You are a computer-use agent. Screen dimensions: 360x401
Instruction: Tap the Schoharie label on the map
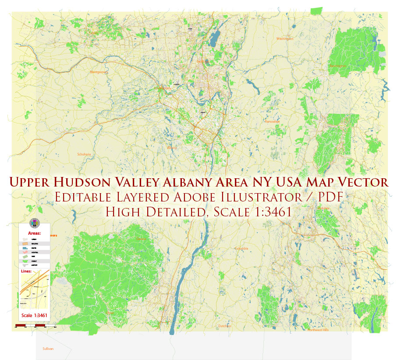[x=83, y=154]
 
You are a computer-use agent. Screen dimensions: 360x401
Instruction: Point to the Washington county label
[x=284, y=39]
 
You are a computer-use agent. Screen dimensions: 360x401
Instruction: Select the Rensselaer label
[x=272, y=122]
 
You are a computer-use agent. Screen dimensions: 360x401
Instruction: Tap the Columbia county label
[x=241, y=248]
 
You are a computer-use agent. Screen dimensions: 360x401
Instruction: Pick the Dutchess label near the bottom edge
[x=225, y=326]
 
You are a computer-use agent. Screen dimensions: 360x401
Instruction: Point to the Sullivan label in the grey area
[x=48, y=349]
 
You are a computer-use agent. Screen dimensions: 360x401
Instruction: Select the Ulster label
[x=110, y=313]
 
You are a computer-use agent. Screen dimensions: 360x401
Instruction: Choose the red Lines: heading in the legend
[x=27, y=272]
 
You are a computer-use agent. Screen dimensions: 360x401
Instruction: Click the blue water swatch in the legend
[x=25, y=248]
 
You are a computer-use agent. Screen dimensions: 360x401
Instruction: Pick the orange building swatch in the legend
[x=25, y=243]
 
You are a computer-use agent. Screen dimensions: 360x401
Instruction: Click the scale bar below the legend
[x=35, y=325]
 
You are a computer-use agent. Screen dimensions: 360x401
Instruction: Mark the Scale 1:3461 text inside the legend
[x=34, y=315]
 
